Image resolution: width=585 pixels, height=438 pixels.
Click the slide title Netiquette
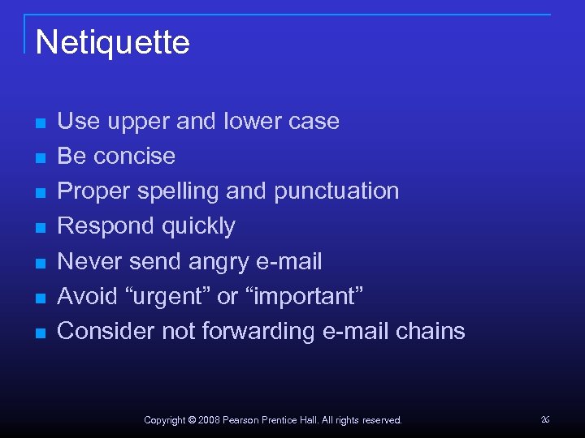pyautogui.click(x=113, y=42)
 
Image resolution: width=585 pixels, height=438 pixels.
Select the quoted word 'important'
pyautogui.click(x=303, y=296)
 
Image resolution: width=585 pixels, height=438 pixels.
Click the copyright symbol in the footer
pyautogui.click(x=192, y=420)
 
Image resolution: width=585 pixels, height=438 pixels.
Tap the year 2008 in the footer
pyautogui.click(x=209, y=420)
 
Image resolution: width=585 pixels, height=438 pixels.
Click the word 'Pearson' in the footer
pyautogui.click(x=241, y=420)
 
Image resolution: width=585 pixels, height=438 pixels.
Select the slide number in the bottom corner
pyautogui.click(x=545, y=419)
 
